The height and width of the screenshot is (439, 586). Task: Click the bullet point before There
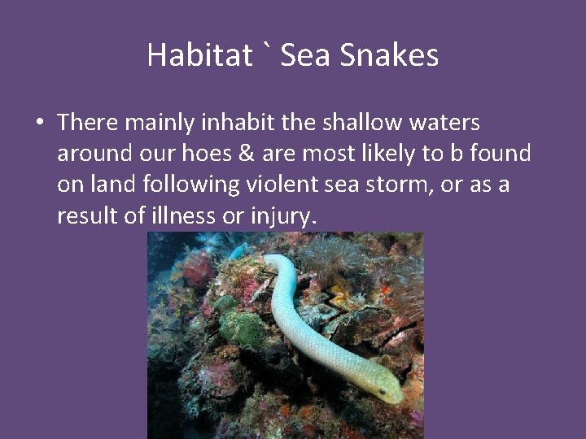point(39,124)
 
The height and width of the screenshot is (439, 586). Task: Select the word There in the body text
point(88,123)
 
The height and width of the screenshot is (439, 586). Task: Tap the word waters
point(444,123)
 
